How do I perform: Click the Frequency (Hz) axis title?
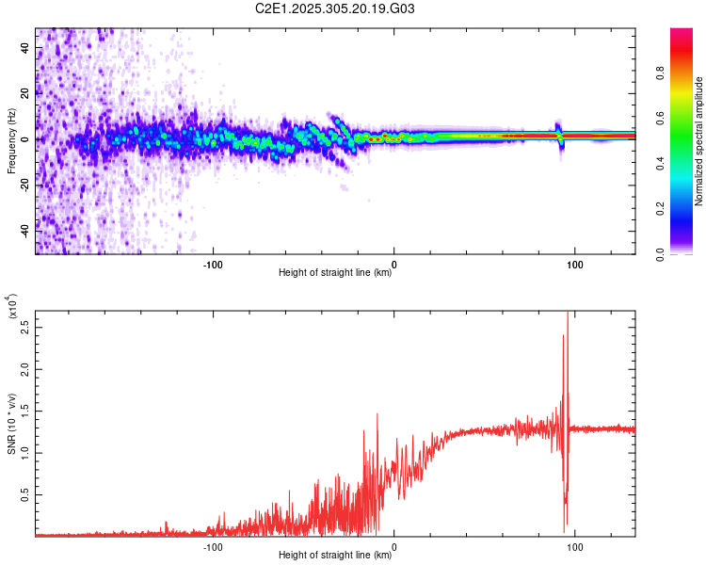11,141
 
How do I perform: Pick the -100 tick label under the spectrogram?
213,264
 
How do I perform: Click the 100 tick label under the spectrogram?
574,264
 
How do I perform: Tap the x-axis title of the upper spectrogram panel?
335,273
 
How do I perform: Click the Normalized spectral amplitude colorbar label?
699,141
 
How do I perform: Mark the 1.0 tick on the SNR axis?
26,453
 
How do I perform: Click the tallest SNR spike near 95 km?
567,314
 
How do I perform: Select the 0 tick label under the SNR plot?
393,546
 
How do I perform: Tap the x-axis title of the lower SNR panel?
335,556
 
